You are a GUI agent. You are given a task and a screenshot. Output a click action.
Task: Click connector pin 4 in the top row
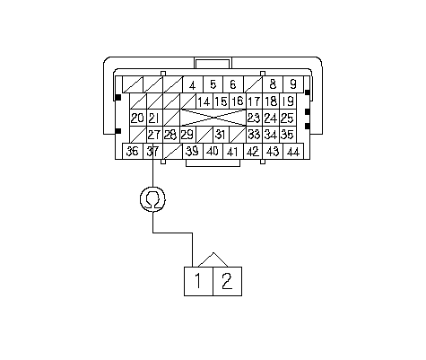[x=193, y=84]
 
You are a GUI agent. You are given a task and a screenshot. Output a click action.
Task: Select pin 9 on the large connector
[x=293, y=84]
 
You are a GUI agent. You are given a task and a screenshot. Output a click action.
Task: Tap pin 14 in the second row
[x=204, y=101]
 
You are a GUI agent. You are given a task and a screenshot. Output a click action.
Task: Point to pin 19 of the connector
[x=288, y=101]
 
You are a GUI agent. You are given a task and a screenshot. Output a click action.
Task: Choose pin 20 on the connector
[x=138, y=118]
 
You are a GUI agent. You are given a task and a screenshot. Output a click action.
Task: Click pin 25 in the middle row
[x=288, y=118]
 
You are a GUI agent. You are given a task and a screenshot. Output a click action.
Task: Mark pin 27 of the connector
[x=154, y=135]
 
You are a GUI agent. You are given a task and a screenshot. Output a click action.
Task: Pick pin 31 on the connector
[x=221, y=135]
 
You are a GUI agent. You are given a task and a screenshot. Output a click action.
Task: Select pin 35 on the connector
[x=288, y=135]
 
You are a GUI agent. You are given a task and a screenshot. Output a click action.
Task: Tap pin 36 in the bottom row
[x=133, y=151]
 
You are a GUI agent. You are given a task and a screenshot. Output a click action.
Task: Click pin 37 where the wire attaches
[x=152, y=151]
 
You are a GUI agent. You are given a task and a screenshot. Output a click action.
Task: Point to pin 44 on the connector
[x=293, y=151]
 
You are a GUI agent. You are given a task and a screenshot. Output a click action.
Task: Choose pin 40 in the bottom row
[x=213, y=151]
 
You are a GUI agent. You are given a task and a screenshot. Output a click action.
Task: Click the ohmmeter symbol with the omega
[x=152, y=199]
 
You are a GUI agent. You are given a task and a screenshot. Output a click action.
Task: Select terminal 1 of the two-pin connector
[x=198, y=281]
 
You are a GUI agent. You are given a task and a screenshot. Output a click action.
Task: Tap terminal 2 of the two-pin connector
[x=227, y=281]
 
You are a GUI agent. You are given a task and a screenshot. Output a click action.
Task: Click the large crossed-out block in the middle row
[x=213, y=118]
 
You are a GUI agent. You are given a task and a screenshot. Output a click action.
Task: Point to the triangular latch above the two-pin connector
[x=213, y=259]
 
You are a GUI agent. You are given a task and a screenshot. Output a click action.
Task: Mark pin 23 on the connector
[x=254, y=118]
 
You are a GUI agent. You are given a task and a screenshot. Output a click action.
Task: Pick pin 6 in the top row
[x=233, y=84]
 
